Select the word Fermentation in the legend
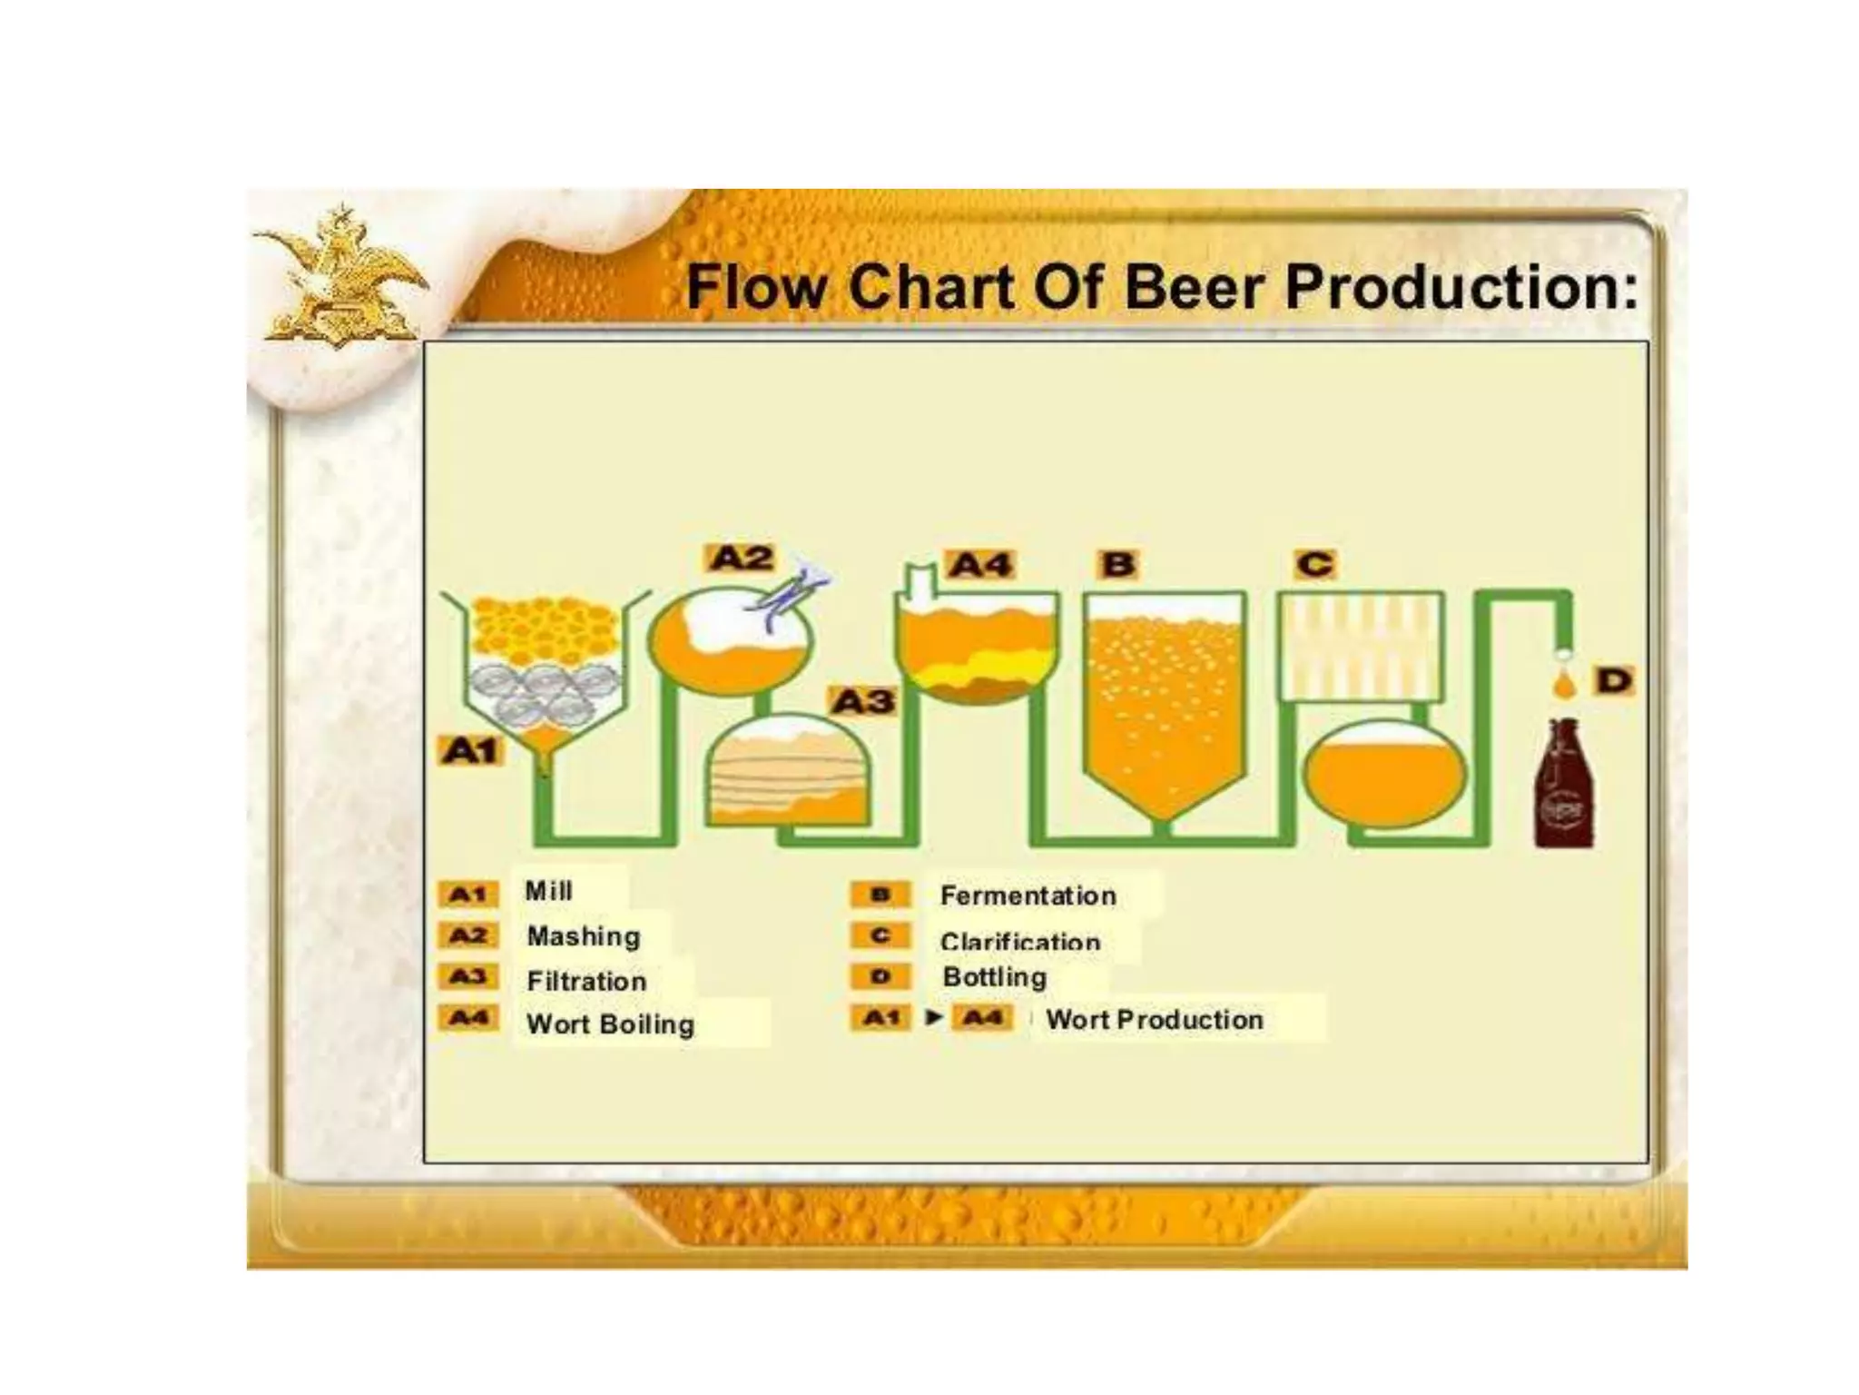1028,895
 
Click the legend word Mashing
584,936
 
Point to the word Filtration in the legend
586,981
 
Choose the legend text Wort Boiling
611,1024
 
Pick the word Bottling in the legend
995,977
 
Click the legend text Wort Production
1155,1020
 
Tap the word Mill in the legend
549,891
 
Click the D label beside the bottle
1614,680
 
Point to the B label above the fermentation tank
1118,564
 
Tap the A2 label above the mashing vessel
742,558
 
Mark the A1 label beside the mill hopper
471,751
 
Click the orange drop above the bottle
1563,686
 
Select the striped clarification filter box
1360,646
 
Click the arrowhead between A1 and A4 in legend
932,1017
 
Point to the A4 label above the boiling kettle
980,565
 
